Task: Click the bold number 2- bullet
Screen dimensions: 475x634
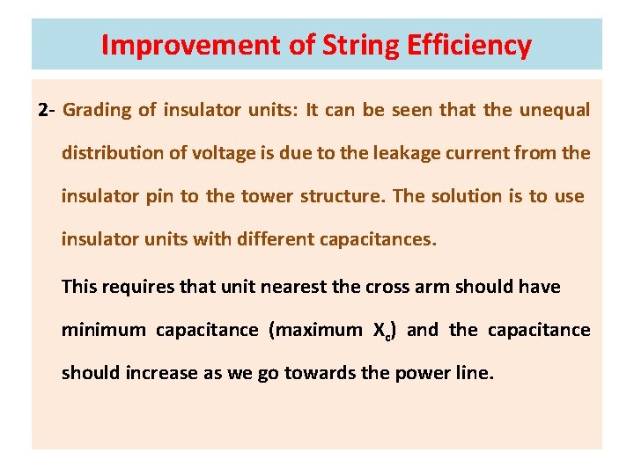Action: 47,111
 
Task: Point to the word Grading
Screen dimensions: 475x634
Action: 98,111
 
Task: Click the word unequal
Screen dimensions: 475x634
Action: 555,111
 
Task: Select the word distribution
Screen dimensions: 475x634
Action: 112,153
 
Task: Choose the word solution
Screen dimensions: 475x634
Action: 466,196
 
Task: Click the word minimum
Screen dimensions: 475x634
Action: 104,330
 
